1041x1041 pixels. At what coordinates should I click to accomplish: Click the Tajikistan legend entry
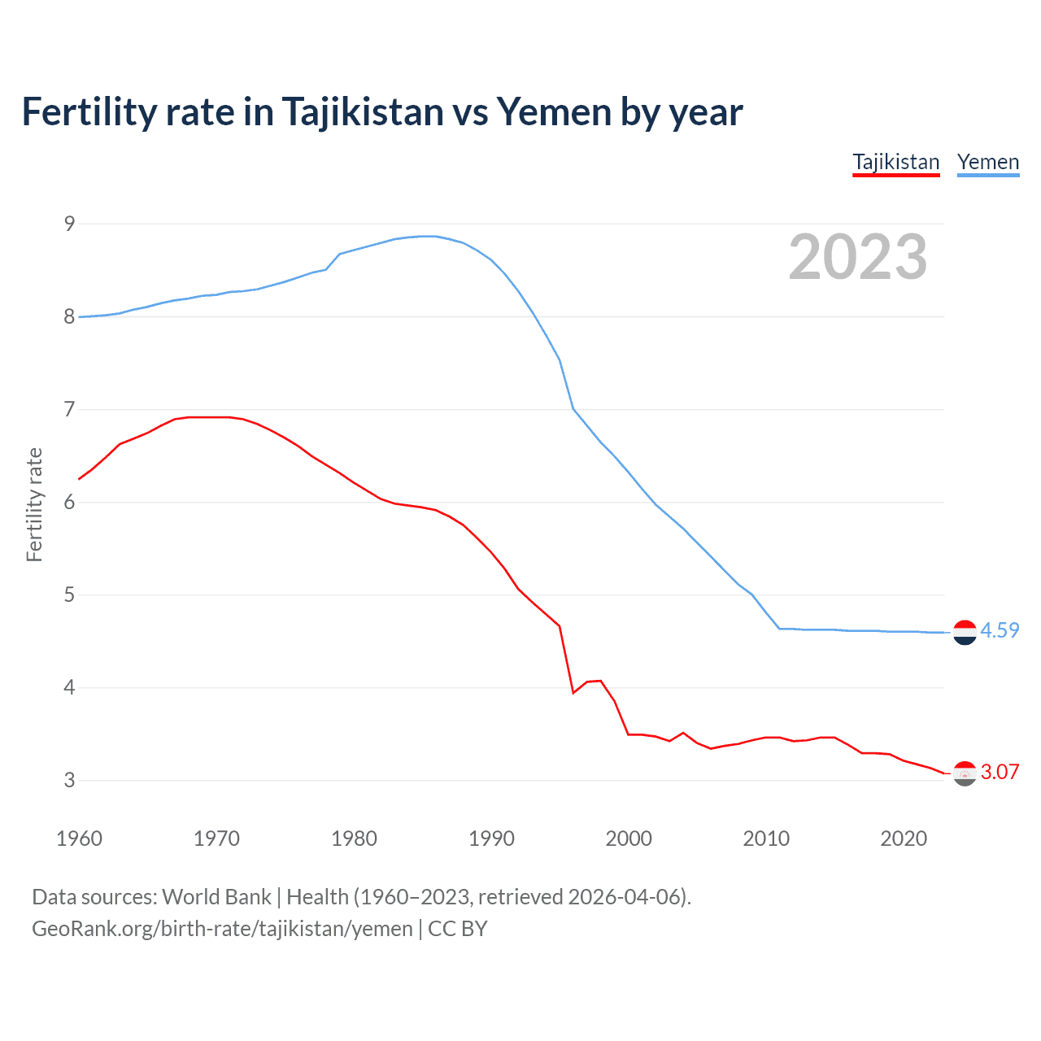click(x=895, y=162)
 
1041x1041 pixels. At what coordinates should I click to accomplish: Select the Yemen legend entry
click(x=987, y=162)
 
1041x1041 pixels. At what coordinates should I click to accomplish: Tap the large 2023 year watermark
click(x=857, y=257)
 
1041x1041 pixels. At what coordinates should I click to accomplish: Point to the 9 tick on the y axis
click(x=69, y=224)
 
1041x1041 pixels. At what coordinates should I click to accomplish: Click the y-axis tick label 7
click(x=69, y=409)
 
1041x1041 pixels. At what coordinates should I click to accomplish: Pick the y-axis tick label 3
click(x=69, y=780)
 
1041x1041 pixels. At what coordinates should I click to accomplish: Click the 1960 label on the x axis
click(x=79, y=838)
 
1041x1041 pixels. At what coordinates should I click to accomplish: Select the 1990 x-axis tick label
click(x=491, y=838)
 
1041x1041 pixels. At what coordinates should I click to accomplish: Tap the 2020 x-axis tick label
click(x=904, y=838)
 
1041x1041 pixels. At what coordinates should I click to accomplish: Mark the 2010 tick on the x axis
click(x=766, y=838)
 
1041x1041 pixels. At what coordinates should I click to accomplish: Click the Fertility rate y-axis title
click(x=34, y=504)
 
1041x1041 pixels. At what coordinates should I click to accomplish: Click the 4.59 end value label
click(x=1000, y=630)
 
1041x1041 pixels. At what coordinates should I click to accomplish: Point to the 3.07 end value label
click(x=1000, y=772)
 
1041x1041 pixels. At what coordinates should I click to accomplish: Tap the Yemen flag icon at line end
click(x=965, y=632)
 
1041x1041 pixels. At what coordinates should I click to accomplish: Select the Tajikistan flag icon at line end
click(x=965, y=773)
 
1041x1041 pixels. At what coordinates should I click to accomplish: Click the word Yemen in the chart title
click(x=553, y=111)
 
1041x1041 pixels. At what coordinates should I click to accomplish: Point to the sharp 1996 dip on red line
click(x=573, y=692)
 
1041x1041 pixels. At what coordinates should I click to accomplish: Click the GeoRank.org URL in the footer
click(x=222, y=929)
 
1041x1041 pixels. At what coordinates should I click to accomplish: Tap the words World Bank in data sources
click(x=216, y=896)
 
